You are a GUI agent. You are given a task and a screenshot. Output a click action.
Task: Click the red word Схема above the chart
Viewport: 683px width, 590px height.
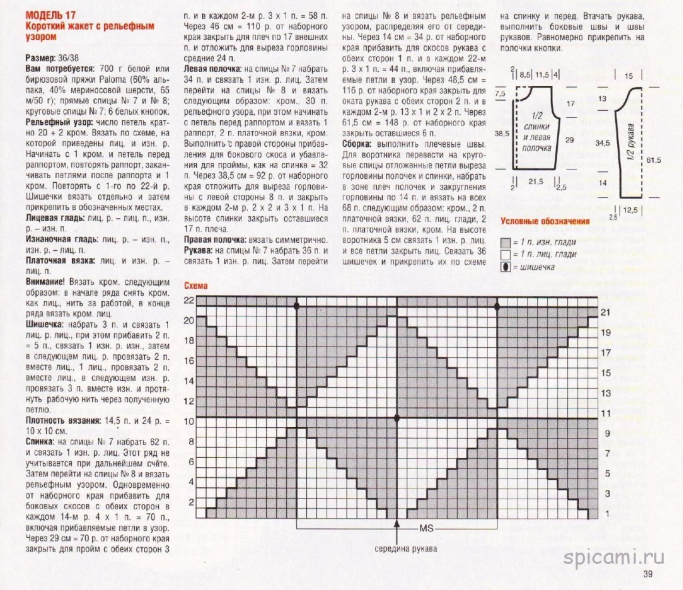click(197, 285)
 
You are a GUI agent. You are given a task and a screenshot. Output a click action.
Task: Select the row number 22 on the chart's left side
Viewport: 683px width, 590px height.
click(189, 301)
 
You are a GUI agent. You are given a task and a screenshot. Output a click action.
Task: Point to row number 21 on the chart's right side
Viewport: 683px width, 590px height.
click(606, 312)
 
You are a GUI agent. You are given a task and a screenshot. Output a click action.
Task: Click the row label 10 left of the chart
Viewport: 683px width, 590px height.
click(189, 421)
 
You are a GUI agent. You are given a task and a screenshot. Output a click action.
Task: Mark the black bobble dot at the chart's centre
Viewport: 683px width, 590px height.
click(397, 418)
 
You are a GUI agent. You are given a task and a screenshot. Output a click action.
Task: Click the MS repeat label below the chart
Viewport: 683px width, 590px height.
click(428, 529)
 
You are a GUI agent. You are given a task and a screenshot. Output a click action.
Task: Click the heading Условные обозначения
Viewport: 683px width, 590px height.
click(545, 222)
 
